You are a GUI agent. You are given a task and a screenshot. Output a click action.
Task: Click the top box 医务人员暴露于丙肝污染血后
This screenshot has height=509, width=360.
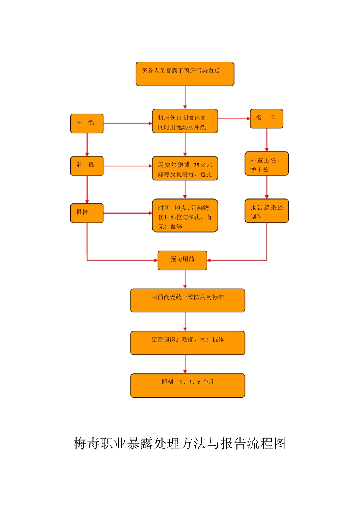(x=185, y=74)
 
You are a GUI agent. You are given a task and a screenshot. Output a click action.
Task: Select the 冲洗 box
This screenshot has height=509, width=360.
(x=87, y=123)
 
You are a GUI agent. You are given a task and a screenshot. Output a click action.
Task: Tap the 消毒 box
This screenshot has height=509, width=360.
(x=87, y=166)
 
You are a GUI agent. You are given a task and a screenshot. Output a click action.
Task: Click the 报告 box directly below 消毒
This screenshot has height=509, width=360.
(x=87, y=213)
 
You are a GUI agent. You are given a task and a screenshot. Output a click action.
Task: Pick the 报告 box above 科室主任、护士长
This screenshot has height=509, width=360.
(x=266, y=119)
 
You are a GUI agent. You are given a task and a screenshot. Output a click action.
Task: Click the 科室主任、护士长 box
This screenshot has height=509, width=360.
(x=266, y=164)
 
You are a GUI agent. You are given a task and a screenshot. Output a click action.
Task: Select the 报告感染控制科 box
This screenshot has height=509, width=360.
(x=266, y=211)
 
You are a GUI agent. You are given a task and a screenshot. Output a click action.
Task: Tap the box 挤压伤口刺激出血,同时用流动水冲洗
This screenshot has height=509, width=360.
(x=185, y=121)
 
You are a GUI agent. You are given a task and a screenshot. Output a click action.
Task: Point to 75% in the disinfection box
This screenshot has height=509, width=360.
(x=199, y=165)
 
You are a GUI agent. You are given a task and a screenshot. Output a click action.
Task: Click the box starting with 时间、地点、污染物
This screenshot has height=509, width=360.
(x=185, y=215)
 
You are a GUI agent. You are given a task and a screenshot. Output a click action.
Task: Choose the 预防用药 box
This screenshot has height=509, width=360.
(x=182, y=260)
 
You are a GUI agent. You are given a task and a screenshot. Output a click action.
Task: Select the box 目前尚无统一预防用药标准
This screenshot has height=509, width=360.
(x=188, y=300)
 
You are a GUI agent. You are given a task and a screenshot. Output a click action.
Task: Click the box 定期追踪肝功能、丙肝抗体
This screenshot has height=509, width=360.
(x=188, y=343)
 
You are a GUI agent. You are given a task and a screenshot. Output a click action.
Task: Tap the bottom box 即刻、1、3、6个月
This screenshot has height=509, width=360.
(x=188, y=385)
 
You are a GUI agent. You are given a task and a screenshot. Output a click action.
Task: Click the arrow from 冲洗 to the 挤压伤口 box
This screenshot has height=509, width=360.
(x=127, y=123)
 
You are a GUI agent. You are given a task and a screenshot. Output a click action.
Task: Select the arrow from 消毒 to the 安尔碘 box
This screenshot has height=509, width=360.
(x=127, y=166)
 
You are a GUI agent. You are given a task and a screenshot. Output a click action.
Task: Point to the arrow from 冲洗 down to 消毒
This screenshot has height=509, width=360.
(x=87, y=145)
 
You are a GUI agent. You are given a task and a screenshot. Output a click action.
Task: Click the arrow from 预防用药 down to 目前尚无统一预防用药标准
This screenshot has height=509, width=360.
(x=185, y=279)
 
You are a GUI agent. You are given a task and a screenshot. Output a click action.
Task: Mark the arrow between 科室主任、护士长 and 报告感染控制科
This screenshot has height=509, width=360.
(x=267, y=187)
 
